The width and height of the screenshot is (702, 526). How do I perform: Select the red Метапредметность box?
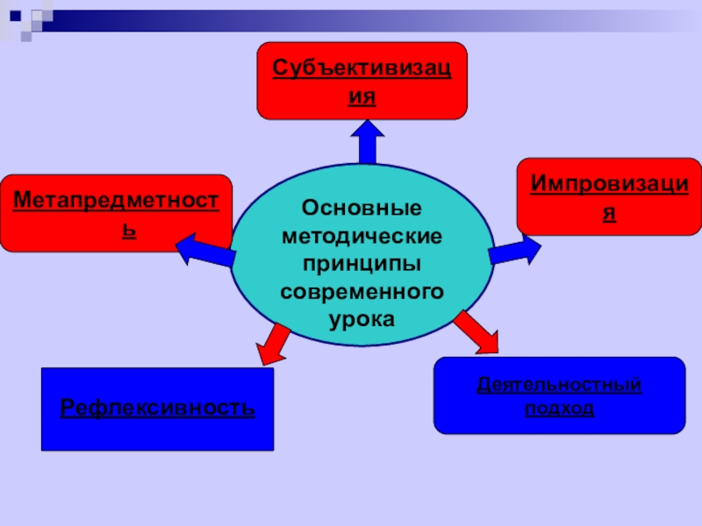coord(116,213)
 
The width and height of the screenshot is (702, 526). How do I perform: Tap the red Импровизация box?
coord(608,196)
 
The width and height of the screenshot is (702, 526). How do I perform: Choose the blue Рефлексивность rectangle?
coord(158,409)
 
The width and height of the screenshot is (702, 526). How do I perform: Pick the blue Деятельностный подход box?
coord(559,395)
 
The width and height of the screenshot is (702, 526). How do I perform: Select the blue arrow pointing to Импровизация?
coord(517,252)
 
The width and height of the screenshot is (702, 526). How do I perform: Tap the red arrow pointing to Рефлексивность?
coord(273,343)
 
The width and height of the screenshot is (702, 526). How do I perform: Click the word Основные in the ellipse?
coord(362,209)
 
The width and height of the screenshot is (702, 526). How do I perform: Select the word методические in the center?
coord(362,237)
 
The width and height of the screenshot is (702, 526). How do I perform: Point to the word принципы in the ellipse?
coord(362,264)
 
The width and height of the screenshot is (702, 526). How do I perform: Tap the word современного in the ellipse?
coord(362,290)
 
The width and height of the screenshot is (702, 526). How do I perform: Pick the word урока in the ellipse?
coord(362,317)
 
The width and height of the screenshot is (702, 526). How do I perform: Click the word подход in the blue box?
coord(559,409)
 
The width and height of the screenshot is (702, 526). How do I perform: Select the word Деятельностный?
coord(559,385)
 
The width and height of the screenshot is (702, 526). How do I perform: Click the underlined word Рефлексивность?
coord(158,409)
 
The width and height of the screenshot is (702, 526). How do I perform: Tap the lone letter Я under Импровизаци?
coord(608,213)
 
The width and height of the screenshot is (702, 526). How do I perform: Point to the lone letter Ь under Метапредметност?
coord(129,231)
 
